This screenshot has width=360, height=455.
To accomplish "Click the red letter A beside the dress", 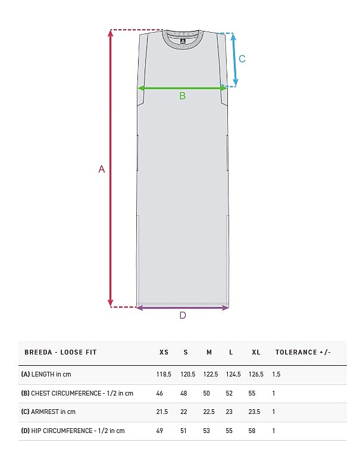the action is (x=101, y=169).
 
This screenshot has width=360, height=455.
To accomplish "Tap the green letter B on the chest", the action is (x=182, y=96).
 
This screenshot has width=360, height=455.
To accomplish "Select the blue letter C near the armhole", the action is (x=242, y=59).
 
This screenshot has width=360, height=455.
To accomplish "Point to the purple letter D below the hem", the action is (x=183, y=315).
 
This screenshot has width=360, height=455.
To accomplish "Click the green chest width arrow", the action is (x=182, y=88).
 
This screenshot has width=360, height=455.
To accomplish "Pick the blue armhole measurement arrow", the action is (x=234, y=59).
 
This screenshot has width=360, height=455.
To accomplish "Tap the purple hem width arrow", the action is (x=183, y=307).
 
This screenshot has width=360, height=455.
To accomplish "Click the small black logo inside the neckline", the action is (x=183, y=42).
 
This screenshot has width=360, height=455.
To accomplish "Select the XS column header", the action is (x=164, y=352).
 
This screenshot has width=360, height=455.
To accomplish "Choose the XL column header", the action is (x=256, y=352).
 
